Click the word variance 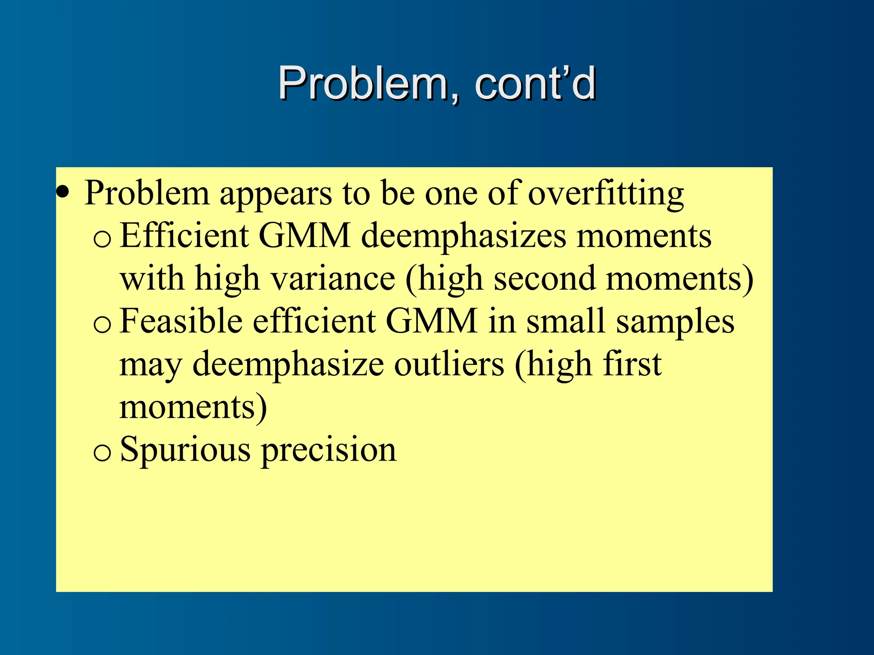[333, 279]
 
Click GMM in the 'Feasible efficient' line [431, 321]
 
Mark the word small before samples [566, 321]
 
